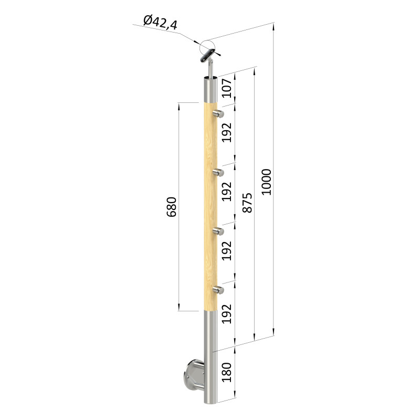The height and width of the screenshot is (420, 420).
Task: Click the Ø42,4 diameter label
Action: pos(160,23)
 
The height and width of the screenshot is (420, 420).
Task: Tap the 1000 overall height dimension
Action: pos(267,182)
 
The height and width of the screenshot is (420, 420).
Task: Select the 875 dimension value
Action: pos(247,203)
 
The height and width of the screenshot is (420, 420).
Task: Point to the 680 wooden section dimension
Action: pos(172,207)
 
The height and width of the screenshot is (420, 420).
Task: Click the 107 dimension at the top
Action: pos(227,88)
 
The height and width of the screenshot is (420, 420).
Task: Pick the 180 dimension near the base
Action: pos(227,372)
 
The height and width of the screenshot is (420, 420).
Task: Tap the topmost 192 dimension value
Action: pos(227,133)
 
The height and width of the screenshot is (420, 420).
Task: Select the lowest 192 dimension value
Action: pos(227,314)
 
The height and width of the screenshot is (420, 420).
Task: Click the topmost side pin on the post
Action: pos(218,114)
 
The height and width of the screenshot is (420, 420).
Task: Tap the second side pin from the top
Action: pos(218,173)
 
